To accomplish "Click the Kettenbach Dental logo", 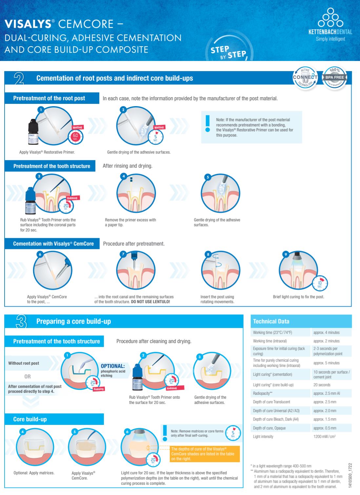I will point(330,25).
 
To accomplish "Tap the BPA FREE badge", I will point(334,78).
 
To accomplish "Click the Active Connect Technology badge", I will point(305,78).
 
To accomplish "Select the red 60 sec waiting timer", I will point(75,136).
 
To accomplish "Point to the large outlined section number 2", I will point(19,78).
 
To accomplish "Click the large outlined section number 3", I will point(21,321).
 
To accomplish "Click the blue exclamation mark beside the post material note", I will point(207,124).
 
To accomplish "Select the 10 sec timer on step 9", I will point(320,284).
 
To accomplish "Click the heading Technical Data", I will point(271,321).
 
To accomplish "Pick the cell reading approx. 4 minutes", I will point(327,333).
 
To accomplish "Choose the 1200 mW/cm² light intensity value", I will point(324,437).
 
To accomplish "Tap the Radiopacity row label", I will point(263,393).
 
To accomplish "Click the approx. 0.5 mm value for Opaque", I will point(325,428).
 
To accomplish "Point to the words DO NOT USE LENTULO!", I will point(150,302).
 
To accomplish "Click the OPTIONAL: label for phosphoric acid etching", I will point(112,366).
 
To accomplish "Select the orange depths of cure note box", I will point(205,454).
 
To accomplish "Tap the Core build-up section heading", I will point(30,419).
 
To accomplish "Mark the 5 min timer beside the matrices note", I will point(233,433).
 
